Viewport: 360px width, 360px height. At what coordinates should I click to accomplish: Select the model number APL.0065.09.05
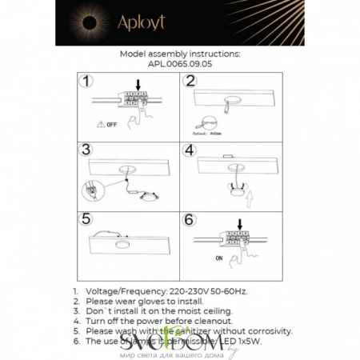coord(179,67)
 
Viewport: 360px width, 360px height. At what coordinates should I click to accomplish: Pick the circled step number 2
coord(190,81)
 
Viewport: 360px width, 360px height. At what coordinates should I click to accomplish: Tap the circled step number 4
coord(190,150)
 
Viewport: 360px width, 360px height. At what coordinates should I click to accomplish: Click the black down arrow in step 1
coord(139,84)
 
